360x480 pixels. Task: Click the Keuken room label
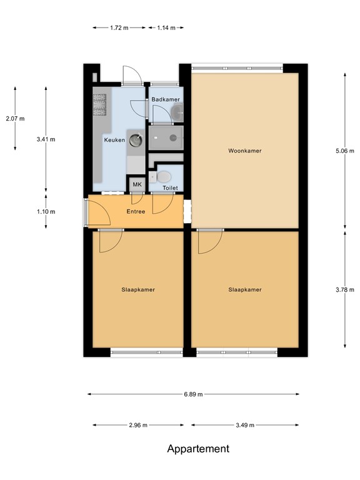(x=114, y=140)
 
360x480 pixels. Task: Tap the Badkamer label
(x=166, y=99)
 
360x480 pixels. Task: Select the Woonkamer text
(x=244, y=151)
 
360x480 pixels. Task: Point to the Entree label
(x=136, y=211)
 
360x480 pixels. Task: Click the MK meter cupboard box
(x=136, y=185)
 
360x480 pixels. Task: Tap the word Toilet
(x=170, y=187)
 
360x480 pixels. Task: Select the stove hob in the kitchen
(x=100, y=105)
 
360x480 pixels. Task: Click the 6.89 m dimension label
(x=192, y=394)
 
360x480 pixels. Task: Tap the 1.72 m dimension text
(x=119, y=27)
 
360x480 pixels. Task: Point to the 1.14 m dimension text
(x=166, y=27)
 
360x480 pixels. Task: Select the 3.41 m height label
(x=46, y=139)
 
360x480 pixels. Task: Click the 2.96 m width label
(x=137, y=425)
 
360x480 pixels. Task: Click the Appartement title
(x=198, y=449)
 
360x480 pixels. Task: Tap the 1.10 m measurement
(x=46, y=211)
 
